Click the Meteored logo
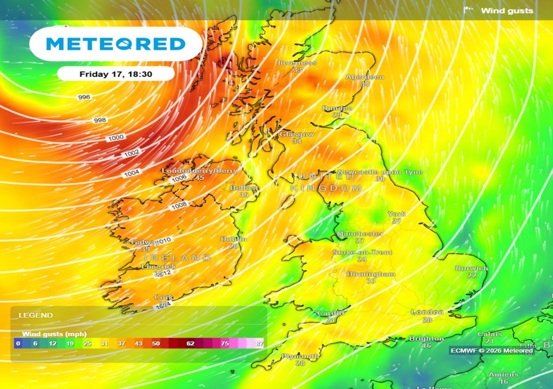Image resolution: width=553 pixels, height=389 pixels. [116, 44]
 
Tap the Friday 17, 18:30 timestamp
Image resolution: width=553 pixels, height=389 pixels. [115, 74]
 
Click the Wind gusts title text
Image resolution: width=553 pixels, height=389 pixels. [507, 10]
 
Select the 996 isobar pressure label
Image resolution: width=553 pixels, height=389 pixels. [84, 97]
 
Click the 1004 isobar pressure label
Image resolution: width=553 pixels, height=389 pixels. [131, 173]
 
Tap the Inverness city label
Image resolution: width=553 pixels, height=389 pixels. [297, 63]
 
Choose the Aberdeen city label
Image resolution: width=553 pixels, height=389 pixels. [365, 77]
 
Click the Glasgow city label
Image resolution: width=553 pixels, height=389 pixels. [296, 134]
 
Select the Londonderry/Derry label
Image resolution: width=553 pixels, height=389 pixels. [200, 171]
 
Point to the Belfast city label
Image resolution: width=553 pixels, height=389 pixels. [244, 187]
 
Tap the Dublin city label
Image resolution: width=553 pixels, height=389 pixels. [234, 239]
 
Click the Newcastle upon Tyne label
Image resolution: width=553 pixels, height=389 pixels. [380, 172]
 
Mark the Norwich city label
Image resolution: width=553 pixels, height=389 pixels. [471, 269]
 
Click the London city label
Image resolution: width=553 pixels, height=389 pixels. [427, 312]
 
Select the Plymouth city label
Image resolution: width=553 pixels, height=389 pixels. [300, 357]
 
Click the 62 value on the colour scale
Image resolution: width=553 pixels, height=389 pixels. [190, 344]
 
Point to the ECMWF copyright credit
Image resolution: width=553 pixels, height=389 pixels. [491, 351]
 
